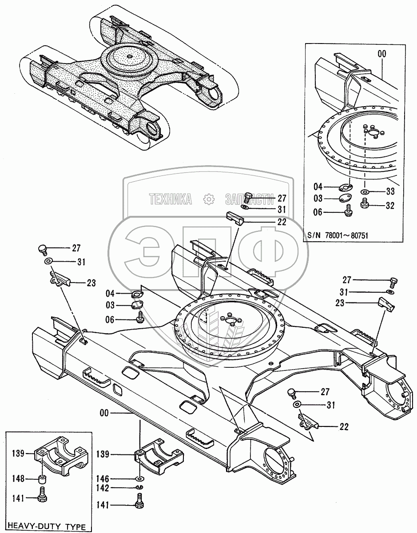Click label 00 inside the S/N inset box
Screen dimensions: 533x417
382,53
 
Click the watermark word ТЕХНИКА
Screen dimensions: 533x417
171,200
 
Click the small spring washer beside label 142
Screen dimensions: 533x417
139,488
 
